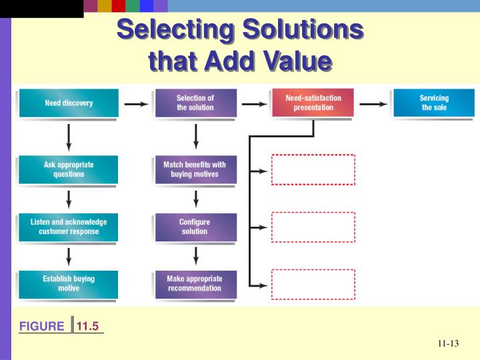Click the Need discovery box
pos(69,103)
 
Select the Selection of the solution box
pos(195,103)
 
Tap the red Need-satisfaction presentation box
pos(313,103)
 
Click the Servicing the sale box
pos(434,103)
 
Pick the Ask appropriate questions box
pos(69,170)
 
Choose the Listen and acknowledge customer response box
pos(69,227)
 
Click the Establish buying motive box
pos(69,284)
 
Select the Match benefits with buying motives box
pos(195,170)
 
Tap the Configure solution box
pos(195,227)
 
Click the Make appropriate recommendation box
pos(195,284)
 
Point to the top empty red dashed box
pos(313,170)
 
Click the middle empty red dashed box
pos(313,227)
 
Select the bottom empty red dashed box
pos(313,285)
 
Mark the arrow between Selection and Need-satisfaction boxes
pos(253,104)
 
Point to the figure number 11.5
pos(87,326)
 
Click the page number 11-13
pos(449,344)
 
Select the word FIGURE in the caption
pos(41,326)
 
